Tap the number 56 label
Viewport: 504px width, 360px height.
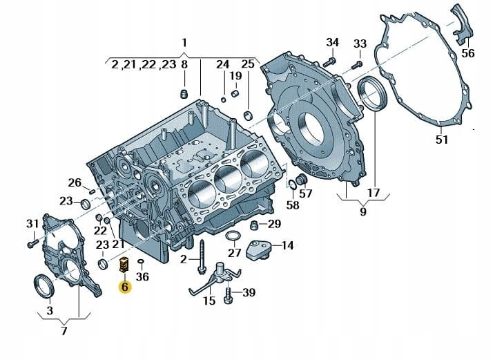pos(468,53)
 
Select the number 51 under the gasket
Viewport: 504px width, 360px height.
pos(442,140)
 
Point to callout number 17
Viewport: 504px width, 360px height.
pos(373,193)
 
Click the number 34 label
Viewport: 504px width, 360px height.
pos(333,43)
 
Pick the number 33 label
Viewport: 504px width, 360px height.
pos(360,44)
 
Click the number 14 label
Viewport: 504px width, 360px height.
pos(287,245)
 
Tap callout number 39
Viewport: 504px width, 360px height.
pos(249,293)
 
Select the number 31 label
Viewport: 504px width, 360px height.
pos(32,223)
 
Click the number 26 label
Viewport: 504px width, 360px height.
pos(75,182)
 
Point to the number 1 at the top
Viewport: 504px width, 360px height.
pos(184,42)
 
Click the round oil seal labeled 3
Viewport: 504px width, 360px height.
pos(43,285)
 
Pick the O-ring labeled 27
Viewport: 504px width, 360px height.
pos(234,238)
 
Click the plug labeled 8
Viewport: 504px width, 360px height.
pos(184,93)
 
